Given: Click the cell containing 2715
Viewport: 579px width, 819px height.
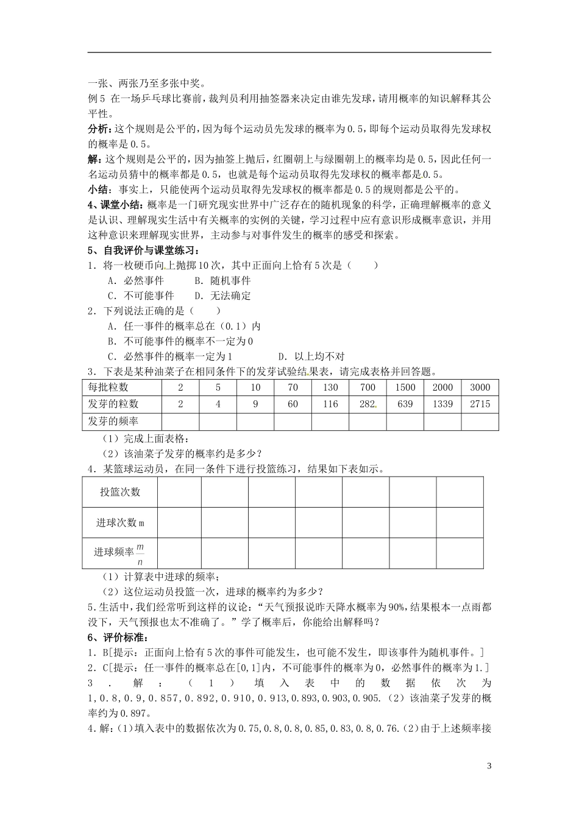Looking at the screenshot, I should coord(480,404).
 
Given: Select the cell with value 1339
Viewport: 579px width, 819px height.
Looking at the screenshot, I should coord(442,404).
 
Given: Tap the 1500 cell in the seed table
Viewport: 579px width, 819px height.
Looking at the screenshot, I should coord(405,388).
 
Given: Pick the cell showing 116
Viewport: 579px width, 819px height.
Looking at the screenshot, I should coord(330,404).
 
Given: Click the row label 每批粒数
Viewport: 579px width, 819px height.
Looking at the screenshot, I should coord(108,388).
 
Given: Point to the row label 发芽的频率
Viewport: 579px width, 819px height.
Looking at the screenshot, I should coord(113,421).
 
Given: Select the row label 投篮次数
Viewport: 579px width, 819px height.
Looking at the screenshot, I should coord(120,492).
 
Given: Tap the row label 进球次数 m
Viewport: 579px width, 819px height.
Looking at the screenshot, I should coord(120,523).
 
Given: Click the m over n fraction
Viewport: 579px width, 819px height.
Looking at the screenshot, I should coord(140,553).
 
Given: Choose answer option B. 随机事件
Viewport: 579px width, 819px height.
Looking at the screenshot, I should coord(222,280).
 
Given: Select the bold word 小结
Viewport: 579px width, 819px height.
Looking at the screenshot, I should coord(99,189).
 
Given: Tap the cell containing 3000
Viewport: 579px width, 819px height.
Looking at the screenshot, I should coord(480,388).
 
